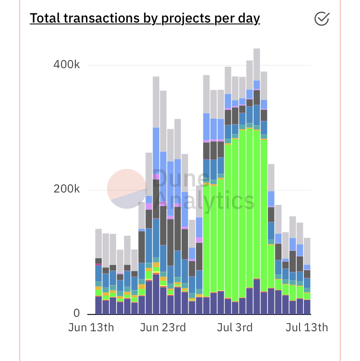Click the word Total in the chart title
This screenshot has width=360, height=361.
(45, 18)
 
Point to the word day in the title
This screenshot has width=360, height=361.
(248, 19)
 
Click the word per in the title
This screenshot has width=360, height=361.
(224, 19)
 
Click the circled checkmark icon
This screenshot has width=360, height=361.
(322, 18)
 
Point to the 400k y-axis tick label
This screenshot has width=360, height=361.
(66, 65)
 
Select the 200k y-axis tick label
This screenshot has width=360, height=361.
(66, 189)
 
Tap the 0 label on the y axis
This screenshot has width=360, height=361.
(76, 313)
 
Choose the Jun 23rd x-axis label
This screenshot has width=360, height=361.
(163, 328)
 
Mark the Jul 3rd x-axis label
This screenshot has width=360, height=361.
(234, 328)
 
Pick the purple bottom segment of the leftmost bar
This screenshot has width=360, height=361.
(98, 305)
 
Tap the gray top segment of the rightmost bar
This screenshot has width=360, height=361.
(307, 251)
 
